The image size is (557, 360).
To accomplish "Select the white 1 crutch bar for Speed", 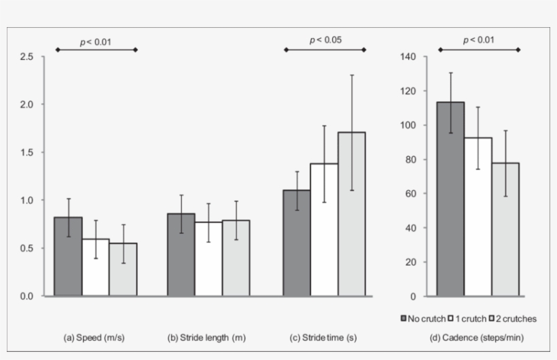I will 96,268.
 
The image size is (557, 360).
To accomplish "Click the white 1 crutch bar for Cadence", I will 478,217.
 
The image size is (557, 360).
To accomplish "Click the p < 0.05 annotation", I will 325,40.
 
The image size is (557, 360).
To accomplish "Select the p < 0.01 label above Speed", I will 96,42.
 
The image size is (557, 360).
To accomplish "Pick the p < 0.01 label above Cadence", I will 478,40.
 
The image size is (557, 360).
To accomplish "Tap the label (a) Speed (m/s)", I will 94,338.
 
